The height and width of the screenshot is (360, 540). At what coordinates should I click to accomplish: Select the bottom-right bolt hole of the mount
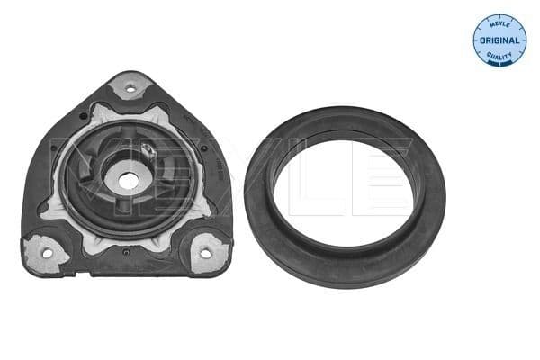[x=206, y=253]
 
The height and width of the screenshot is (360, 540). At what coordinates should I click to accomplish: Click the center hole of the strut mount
[x=127, y=181]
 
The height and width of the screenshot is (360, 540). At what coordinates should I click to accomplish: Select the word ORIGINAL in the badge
[x=499, y=40]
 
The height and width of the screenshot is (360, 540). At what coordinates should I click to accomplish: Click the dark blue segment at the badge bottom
[x=499, y=60]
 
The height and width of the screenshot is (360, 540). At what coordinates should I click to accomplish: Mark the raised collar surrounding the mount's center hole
[x=127, y=166]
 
